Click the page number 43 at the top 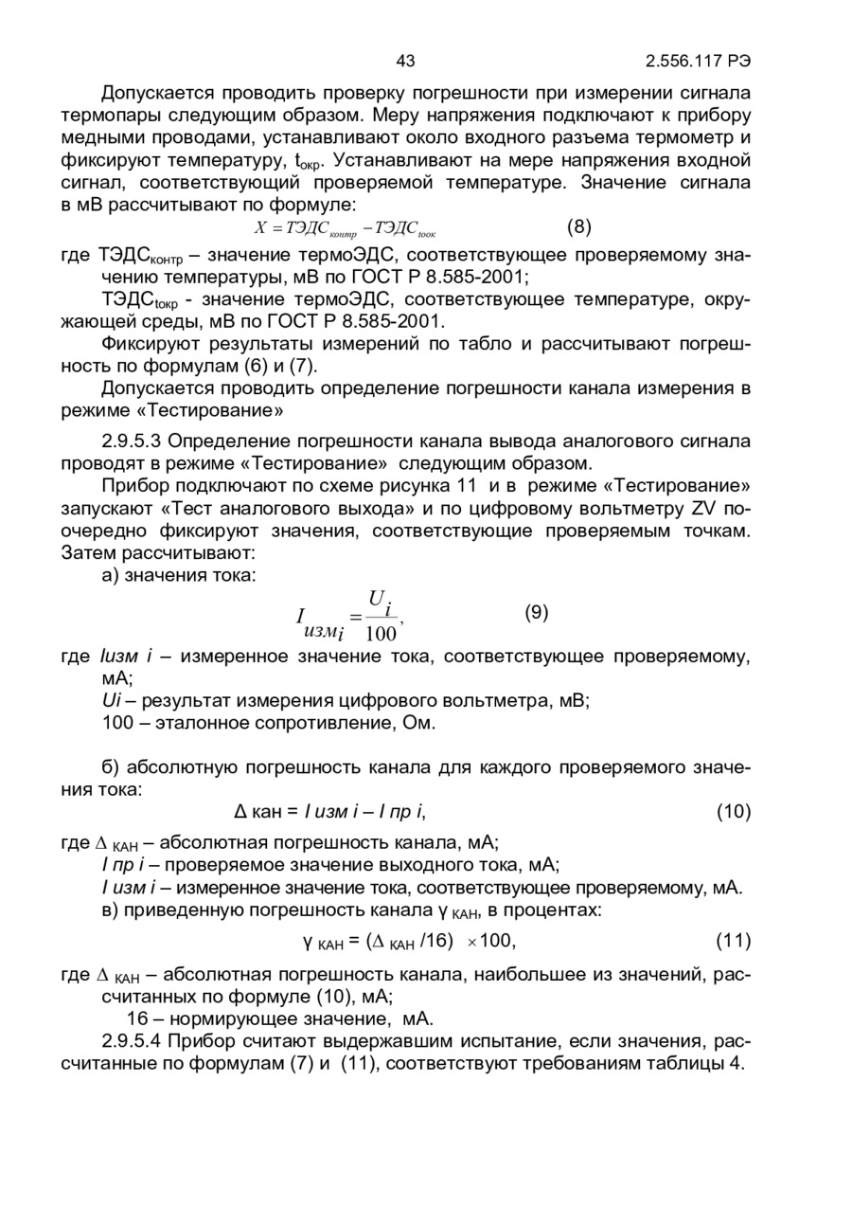click(405, 62)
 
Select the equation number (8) click(578, 227)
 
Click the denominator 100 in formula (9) click(381, 634)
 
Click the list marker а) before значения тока click(111, 575)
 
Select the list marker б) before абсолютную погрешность click(111, 767)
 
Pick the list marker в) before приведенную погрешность click(111, 910)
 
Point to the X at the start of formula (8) click(261, 228)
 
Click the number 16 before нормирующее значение click(137, 1019)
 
